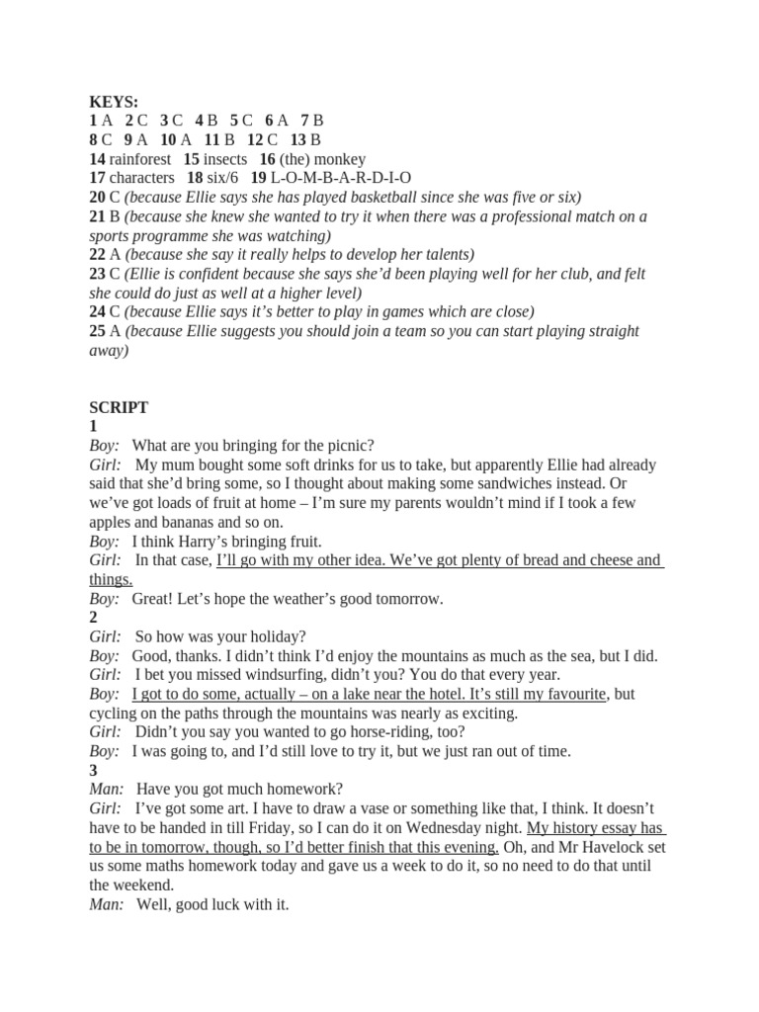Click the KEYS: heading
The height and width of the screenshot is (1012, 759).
(114, 102)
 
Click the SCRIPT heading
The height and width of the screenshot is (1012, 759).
(119, 407)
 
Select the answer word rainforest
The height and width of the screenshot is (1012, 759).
(140, 159)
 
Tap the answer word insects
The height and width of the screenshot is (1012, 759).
(225, 159)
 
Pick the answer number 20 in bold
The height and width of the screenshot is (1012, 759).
(97, 197)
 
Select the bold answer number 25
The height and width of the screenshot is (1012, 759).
(97, 331)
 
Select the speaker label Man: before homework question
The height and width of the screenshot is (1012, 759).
(107, 790)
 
